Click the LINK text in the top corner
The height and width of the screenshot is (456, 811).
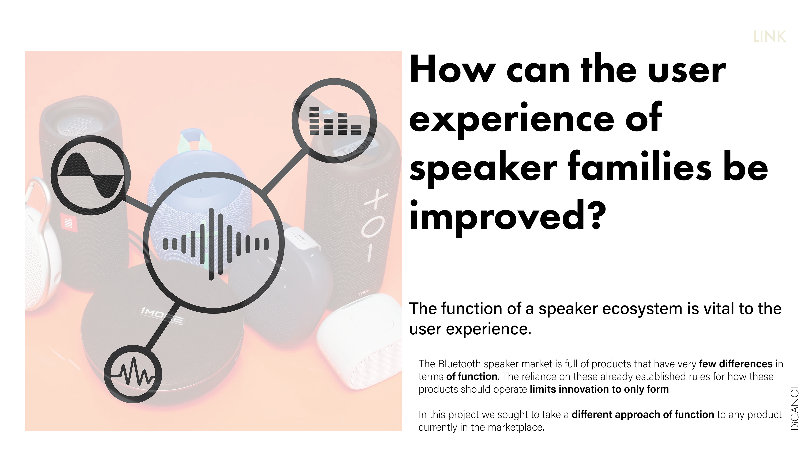(769, 37)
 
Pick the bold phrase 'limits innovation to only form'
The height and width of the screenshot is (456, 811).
(599, 389)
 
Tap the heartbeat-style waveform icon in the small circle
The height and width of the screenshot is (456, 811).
(133, 373)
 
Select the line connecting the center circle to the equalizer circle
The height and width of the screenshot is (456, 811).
(284, 171)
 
